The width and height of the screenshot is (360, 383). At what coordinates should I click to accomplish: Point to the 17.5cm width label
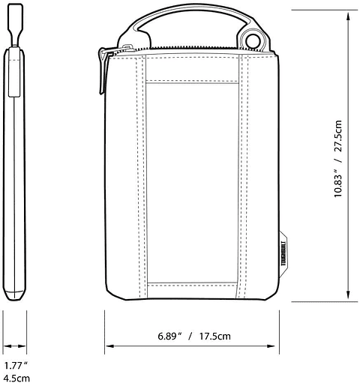point(214,335)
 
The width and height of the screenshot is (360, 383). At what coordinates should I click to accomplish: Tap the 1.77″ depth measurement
point(14,365)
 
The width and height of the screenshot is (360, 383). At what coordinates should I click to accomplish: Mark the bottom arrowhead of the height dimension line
point(350,297)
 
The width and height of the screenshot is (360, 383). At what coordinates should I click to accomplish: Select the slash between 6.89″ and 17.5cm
point(191,335)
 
